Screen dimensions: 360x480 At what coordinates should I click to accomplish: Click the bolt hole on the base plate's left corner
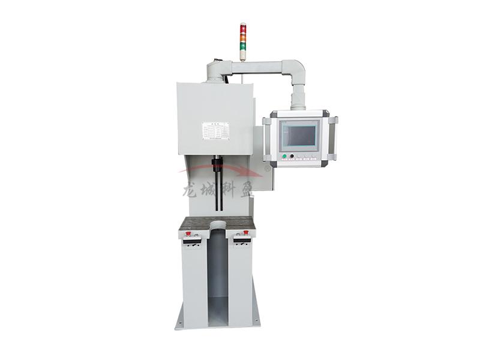179,324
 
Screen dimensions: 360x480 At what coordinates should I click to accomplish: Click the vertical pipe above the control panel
298,98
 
